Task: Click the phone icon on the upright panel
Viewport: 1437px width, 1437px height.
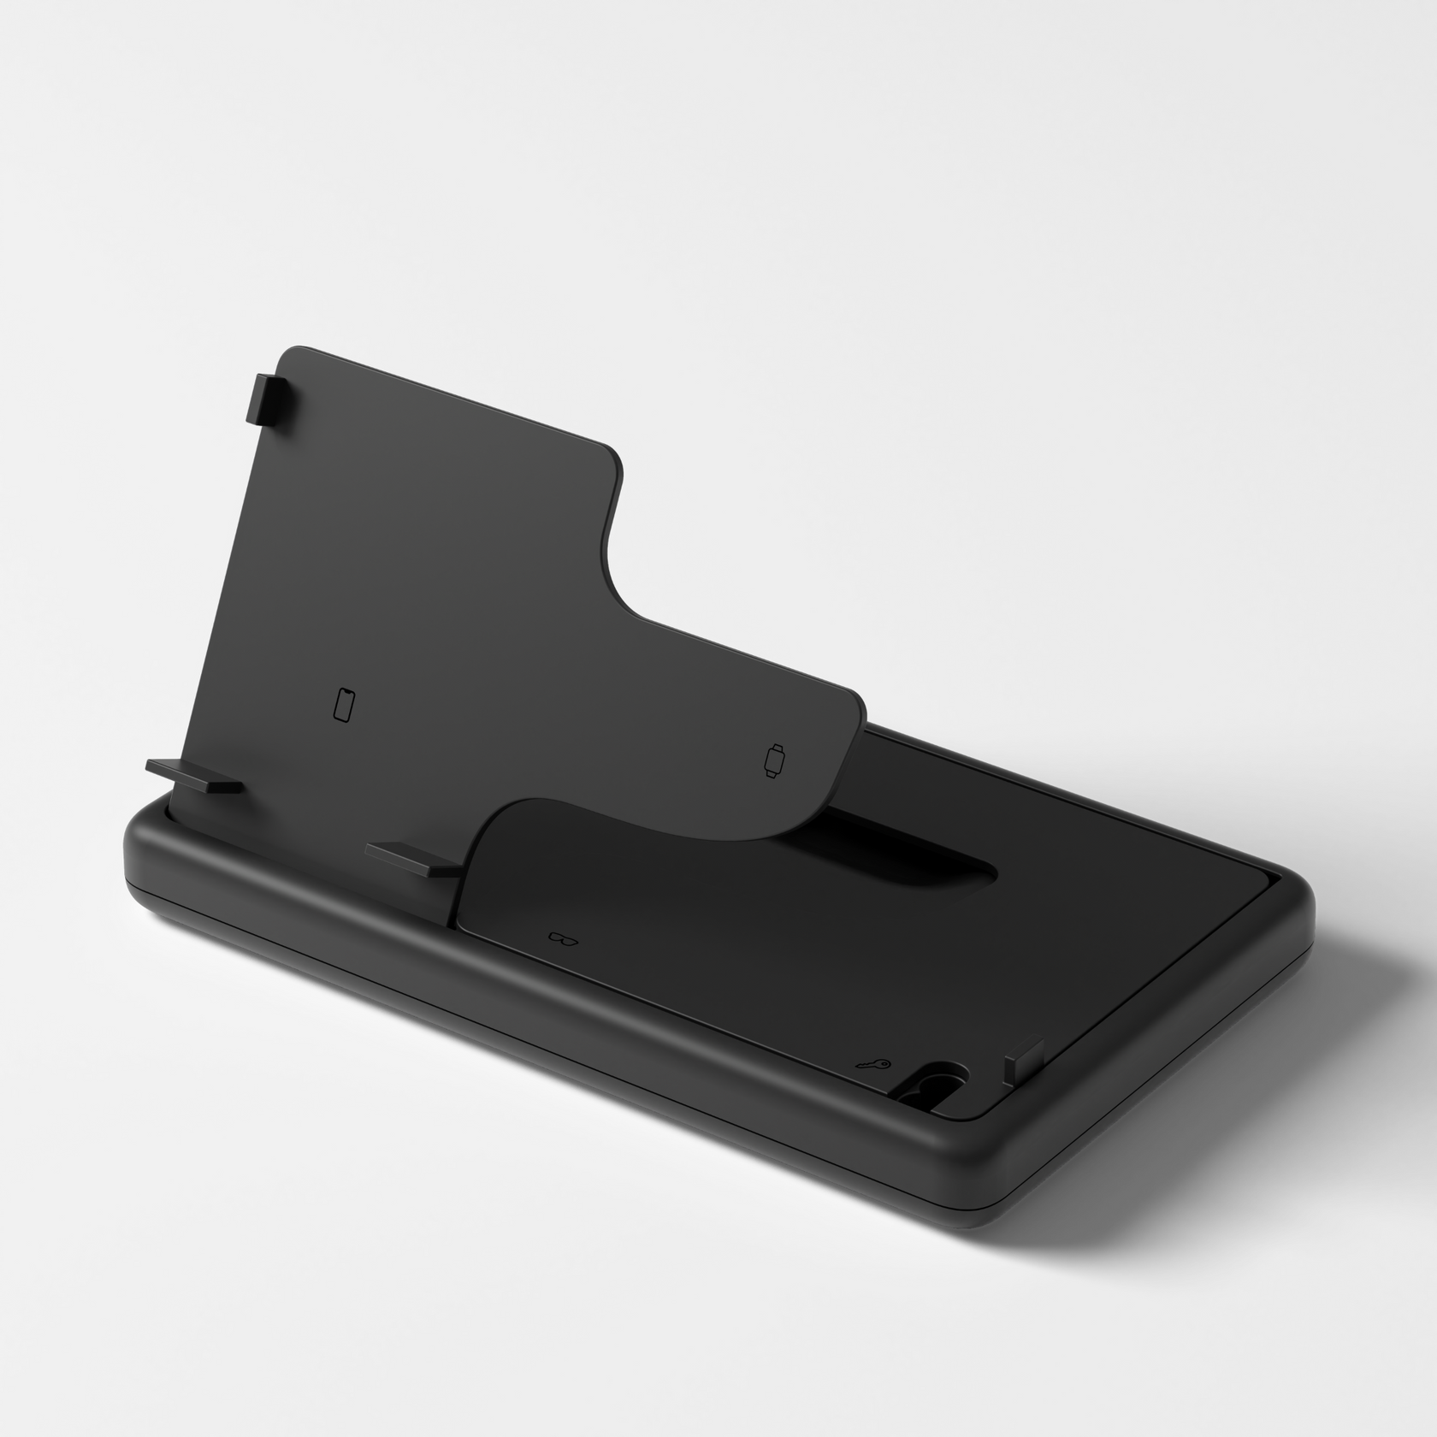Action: click(x=344, y=704)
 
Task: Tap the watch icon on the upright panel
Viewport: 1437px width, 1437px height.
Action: click(x=774, y=760)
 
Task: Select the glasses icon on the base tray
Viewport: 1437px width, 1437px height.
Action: click(x=564, y=937)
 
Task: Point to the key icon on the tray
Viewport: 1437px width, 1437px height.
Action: click(x=875, y=1066)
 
